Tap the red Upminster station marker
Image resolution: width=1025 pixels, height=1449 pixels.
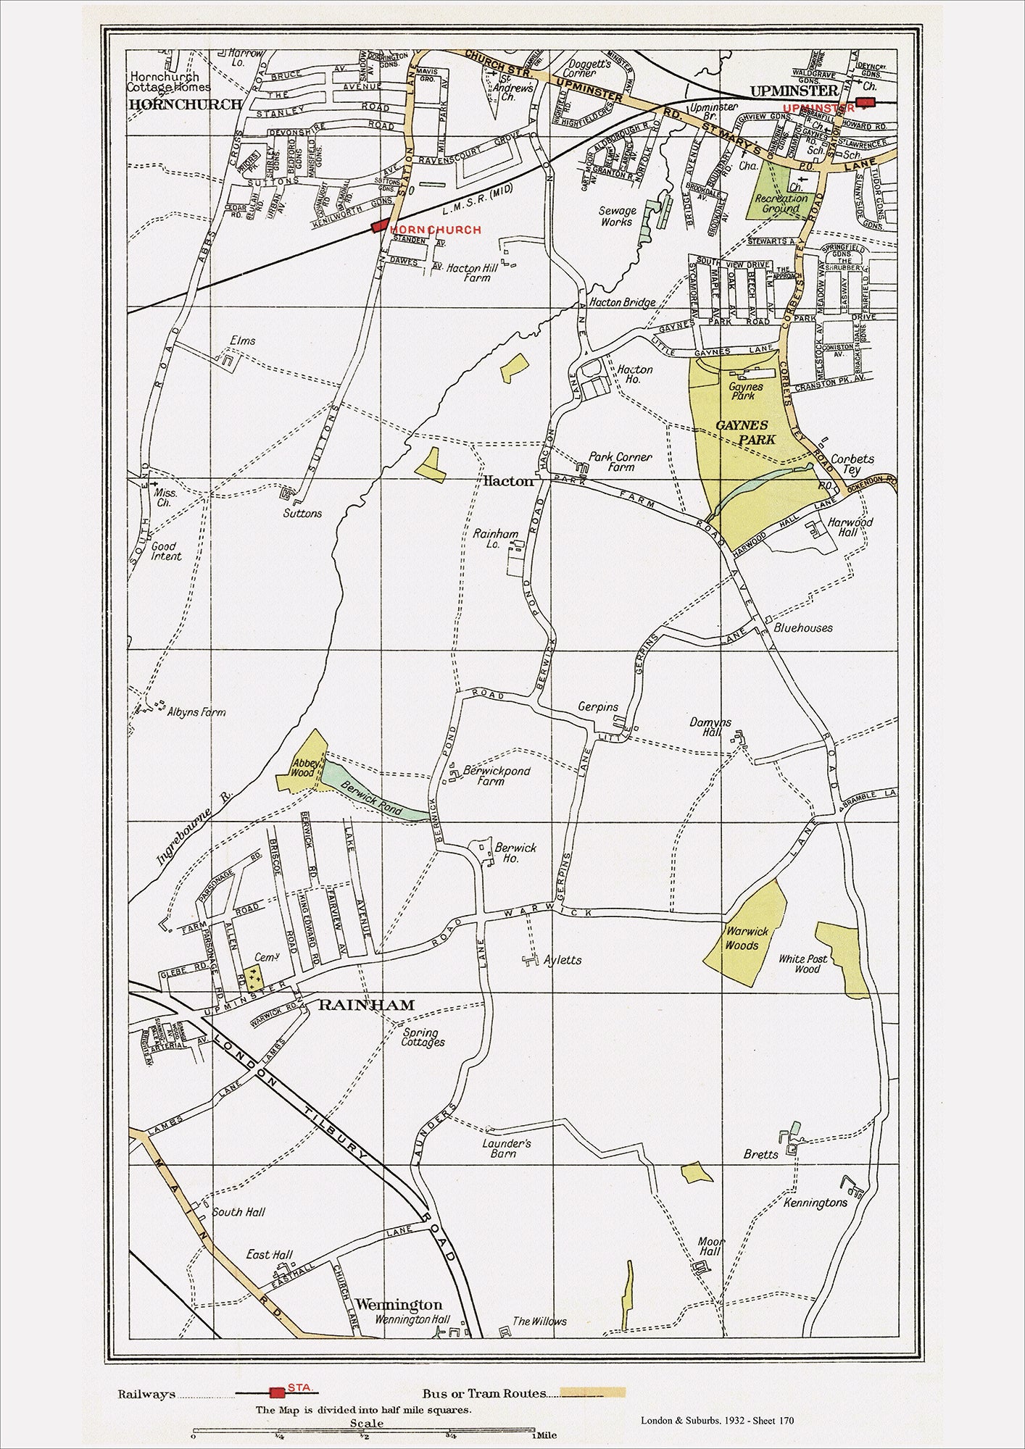[x=865, y=102]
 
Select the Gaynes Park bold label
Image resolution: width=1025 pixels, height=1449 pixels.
[x=745, y=433]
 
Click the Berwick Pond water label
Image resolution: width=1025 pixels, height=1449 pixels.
[x=371, y=800]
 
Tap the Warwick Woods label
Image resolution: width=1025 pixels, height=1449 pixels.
[x=742, y=938]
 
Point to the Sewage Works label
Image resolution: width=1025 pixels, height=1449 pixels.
[x=617, y=216]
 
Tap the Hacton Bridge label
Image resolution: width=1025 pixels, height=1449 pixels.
[x=622, y=302]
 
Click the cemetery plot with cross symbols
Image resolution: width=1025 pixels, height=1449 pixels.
[x=253, y=977]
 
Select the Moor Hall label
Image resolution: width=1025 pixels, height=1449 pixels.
[x=710, y=1245]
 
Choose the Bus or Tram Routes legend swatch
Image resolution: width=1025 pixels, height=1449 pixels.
[x=593, y=1392]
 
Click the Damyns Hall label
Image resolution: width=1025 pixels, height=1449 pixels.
[x=710, y=727]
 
